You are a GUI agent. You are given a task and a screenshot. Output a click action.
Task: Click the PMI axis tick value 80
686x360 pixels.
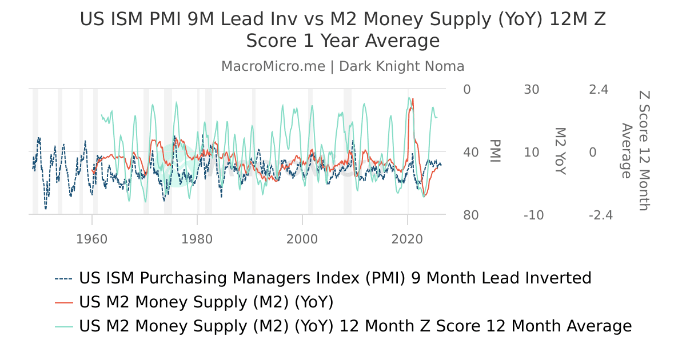pos(470,215)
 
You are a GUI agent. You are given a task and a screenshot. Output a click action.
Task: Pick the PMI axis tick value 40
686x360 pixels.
pos(470,153)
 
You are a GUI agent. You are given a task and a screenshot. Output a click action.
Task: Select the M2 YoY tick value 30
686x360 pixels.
pos(532,90)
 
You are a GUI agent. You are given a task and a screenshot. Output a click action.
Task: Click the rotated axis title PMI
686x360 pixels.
pos(495,151)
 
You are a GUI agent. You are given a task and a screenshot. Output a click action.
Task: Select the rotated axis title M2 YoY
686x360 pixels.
pos(560,151)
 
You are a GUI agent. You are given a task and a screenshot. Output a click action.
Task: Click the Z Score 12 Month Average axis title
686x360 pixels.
pos(635,151)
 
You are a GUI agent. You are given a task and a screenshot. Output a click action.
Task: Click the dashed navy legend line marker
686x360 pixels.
pos(64,279)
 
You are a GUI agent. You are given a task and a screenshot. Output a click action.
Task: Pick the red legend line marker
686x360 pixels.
pos(64,302)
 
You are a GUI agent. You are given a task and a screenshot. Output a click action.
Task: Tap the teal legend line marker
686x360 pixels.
pos(64,326)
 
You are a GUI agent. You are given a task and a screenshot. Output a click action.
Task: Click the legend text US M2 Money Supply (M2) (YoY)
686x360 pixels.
pos(206,302)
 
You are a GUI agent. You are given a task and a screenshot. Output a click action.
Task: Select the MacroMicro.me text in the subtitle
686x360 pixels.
pos(273,66)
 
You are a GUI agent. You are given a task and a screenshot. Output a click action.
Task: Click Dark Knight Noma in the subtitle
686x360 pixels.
pos(401,66)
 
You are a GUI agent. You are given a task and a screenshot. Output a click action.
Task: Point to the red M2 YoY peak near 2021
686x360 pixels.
pos(413,99)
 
